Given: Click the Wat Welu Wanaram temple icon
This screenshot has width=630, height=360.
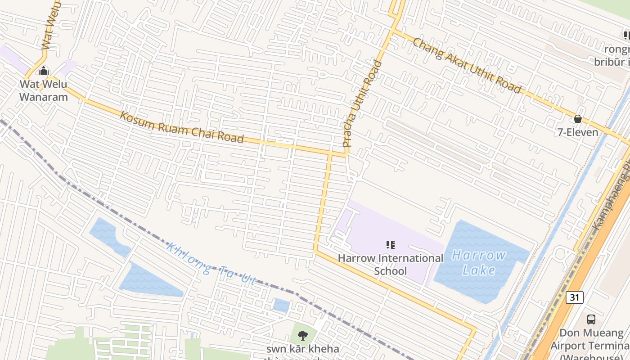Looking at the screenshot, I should tap(44, 71).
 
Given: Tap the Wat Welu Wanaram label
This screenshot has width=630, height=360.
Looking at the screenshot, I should tap(43, 90).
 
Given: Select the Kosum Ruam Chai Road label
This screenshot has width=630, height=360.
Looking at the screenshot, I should tap(182, 127).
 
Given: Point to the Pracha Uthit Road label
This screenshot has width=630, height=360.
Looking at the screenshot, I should tap(362, 104).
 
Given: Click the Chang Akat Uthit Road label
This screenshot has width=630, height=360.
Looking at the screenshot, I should tap(467, 66).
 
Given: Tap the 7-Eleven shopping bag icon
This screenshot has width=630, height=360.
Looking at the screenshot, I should tap(577, 119).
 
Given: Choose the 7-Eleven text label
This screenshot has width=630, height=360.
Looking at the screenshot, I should tap(578, 132).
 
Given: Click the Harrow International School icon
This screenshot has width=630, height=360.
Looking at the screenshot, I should tap(391, 245).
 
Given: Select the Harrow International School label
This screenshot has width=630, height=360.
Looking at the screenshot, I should tap(391, 265).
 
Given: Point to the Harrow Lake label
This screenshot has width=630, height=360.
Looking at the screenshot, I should tap(479, 262).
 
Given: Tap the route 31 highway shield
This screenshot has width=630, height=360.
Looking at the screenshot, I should tap(575, 297).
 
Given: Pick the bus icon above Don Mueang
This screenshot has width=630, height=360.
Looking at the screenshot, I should tap(591, 319).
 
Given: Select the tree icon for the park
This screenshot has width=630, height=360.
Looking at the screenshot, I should tap(303, 335).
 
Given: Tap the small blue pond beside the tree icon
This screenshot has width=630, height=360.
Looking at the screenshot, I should tap(281, 305).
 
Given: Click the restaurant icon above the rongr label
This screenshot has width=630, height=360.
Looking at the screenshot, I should tap(626, 35).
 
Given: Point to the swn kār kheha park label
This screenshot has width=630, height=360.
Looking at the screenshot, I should tap(302, 349).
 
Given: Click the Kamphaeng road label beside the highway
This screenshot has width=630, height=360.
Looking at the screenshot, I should tap(612, 198).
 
